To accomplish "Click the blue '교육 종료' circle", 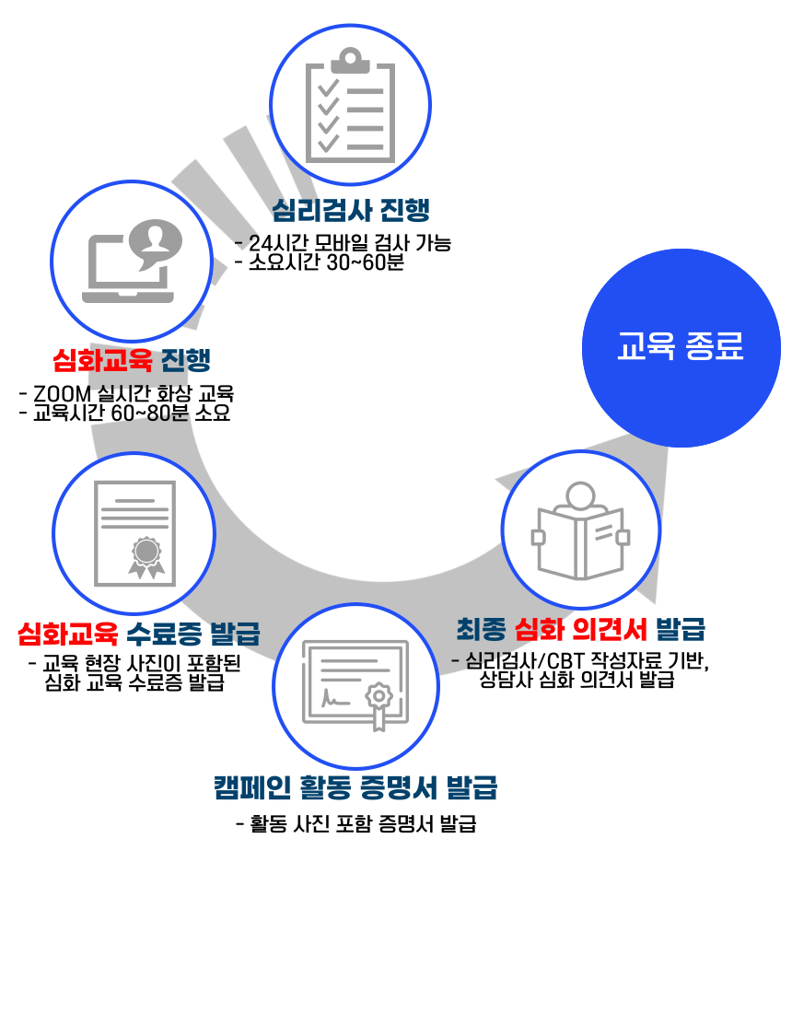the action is (x=681, y=347).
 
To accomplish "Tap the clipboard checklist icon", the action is (x=350, y=105).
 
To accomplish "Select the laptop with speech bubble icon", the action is (x=132, y=261).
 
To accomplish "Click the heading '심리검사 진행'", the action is (x=351, y=210).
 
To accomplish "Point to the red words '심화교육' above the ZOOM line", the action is (x=102, y=360).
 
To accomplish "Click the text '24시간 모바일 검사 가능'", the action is (x=350, y=243).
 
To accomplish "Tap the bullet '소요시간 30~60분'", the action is (x=327, y=262).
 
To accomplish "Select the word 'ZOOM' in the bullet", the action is (x=62, y=393).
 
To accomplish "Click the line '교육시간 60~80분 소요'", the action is (x=132, y=413).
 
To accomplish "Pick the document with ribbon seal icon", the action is (x=134, y=533).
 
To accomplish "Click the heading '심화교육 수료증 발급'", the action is (x=139, y=634).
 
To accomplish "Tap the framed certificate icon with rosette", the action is (x=356, y=685).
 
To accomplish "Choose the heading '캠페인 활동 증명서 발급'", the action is (x=356, y=787).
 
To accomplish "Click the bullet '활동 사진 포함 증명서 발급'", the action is (x=363, y=823).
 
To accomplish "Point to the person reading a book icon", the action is (x=581, y=530).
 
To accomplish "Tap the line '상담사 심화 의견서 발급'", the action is (x=577, y=680).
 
